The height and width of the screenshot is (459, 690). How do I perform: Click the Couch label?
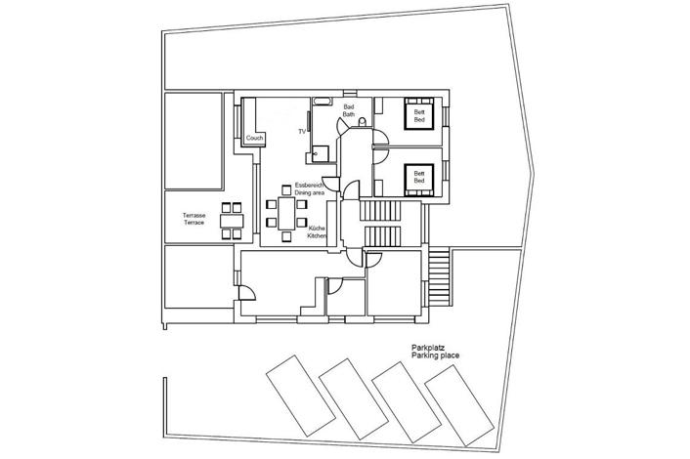point(254,138)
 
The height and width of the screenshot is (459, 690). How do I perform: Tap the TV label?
point(302,132)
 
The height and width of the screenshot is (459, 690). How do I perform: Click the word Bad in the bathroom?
point(349,106)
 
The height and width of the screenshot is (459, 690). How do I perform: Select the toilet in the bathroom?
point(363,122)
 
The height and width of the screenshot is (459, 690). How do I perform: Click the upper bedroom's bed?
point(419,114)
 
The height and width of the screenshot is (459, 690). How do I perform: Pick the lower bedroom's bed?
point(419,180)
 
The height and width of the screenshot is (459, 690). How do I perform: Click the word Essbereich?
point(310,186)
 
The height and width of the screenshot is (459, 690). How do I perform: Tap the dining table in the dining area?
point(286,213)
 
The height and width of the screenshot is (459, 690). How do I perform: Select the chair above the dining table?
point(286,190)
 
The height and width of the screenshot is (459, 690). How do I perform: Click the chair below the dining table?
point(286,236)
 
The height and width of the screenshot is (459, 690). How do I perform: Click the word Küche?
point(317,229)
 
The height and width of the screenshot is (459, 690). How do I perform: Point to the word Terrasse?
point(194,216)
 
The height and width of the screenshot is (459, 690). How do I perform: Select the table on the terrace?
point(232,221)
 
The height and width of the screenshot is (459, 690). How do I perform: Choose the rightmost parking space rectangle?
point(459,405)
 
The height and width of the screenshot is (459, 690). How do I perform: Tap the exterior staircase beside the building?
point(439,277)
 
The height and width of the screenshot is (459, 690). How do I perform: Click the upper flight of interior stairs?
point(380,211)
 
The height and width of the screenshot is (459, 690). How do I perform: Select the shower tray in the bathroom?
point(321,154)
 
